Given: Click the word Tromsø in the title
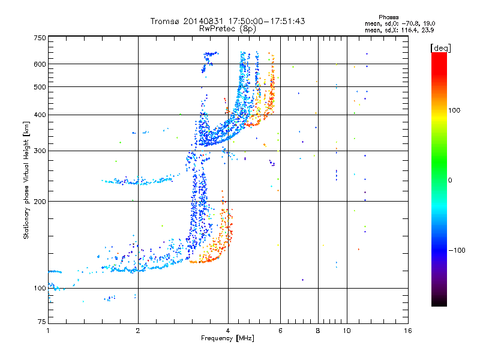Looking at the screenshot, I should click(165, 21).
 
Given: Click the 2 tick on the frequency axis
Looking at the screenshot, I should click(138, 331).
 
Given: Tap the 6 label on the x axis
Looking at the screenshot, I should click(280, 331).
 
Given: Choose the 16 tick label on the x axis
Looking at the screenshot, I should click(408, 331).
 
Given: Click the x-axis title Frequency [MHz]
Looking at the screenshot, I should click(227, 338).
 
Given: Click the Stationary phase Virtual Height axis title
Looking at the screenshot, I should click(26, 180).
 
